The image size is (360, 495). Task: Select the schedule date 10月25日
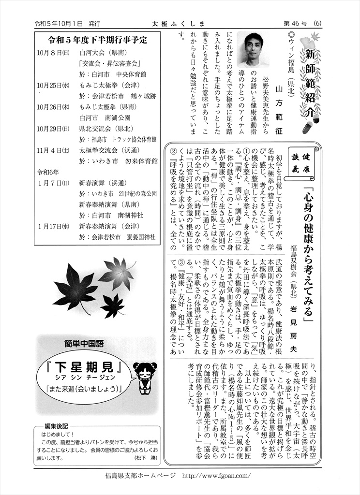click(x=55, y=85)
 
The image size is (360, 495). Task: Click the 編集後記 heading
click(x=56, y=425)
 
